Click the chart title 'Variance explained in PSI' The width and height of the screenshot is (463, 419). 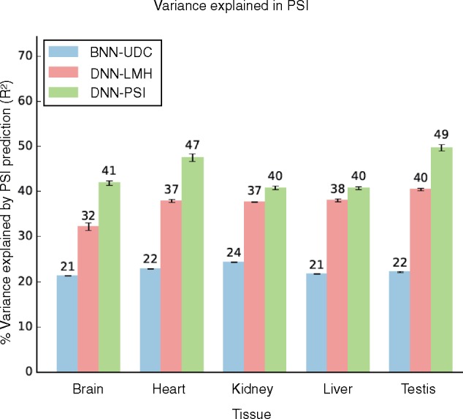231,8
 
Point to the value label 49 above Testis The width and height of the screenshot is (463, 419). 441,135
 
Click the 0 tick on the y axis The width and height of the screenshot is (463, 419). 29,371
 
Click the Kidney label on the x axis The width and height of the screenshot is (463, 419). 254,388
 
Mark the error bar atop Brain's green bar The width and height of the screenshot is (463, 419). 109,183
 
